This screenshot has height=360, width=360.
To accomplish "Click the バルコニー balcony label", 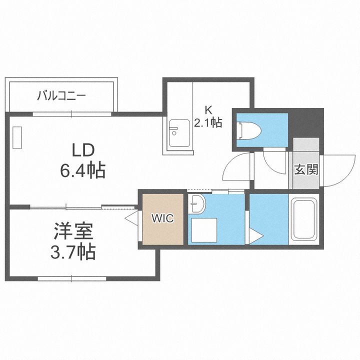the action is coord(61,95).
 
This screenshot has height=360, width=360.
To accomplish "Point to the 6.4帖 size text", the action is coord(83,170).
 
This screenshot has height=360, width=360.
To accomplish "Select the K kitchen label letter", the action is coord(208,110).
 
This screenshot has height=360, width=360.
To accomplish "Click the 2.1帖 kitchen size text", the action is coord(208,122).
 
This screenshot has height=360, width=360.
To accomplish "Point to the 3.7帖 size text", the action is coord(73,252).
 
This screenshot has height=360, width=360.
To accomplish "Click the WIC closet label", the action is coord(162,218).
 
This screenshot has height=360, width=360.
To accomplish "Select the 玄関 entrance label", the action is coord(306,169).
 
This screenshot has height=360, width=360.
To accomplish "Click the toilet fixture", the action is coord(250,131).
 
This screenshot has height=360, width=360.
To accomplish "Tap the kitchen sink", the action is coord(179,133).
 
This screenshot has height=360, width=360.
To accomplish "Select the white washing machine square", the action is coord(204,230).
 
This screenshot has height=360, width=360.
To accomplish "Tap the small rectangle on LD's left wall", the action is coord(17,138).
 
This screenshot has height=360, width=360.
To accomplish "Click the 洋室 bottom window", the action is coord(72,278).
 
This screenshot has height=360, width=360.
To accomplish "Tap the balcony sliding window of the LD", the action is coord(72,114).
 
